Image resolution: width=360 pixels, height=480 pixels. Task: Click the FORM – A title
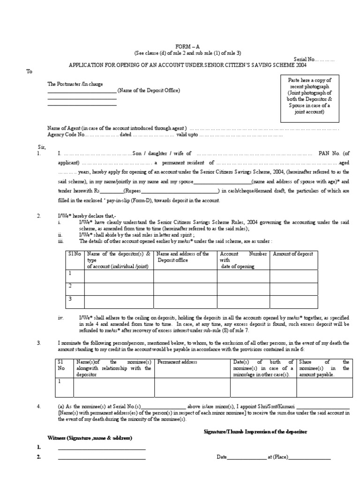point(187,47)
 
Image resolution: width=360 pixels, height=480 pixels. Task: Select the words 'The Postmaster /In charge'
point(73,84)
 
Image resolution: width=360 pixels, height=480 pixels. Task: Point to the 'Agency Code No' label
point(66,135)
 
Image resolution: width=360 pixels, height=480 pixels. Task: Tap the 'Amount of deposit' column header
point(292,254)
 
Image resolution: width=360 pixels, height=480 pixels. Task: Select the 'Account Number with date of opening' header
point(243,260)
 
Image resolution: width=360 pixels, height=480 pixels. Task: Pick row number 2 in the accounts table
point(70,285)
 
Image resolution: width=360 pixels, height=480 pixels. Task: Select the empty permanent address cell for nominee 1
point(192,387)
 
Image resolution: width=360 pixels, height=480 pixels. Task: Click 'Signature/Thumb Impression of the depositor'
point(255,431)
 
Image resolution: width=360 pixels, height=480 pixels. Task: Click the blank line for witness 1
point(102,449)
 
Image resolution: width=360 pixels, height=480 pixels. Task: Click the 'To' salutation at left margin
point(29,71)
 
